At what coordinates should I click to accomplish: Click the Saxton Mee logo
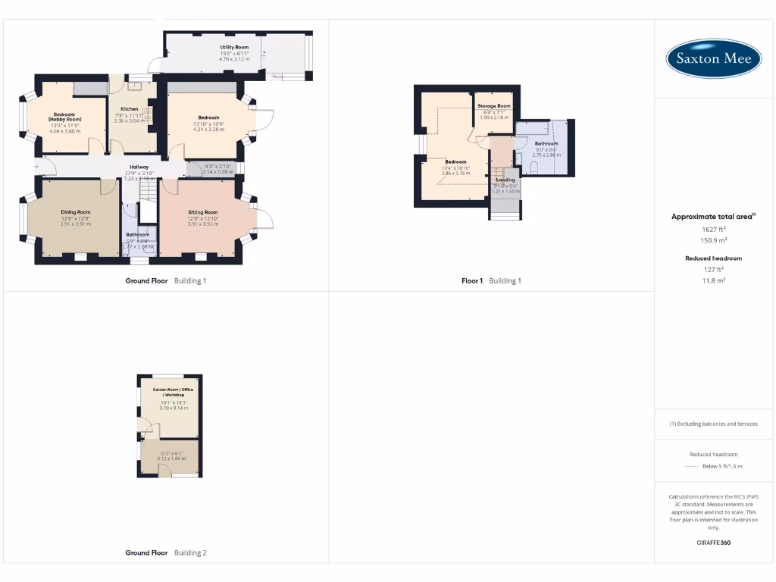pos(714,58)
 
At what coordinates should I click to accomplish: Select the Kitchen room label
pos(129,109)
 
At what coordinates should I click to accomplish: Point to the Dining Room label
pos(76,212)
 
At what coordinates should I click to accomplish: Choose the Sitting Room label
pos(203,212)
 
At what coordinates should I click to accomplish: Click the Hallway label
pos(139,167)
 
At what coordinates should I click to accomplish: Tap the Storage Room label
pos(493,106)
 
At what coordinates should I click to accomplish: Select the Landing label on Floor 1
pos(505,180)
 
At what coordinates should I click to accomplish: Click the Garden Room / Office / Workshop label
pos(174,392)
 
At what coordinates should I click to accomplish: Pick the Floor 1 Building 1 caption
pos(491,281)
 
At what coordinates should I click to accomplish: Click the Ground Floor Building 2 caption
pos(165,553)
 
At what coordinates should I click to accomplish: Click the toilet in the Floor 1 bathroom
pos(533,171)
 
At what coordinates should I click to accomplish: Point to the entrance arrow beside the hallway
pos(36,167)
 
